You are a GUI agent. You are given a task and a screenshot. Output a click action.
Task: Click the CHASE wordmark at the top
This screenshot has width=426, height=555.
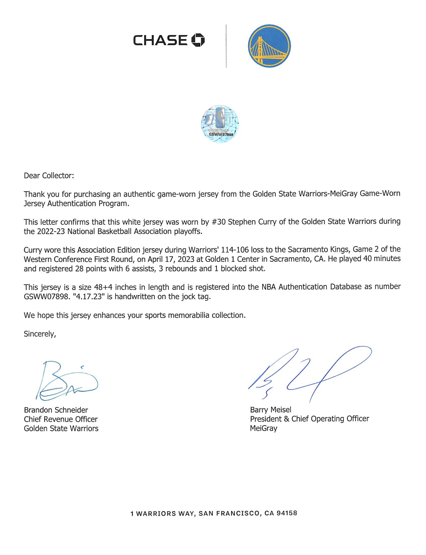point(160,40)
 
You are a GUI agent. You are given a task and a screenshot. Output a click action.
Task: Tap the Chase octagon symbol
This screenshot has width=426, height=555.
point(198,40)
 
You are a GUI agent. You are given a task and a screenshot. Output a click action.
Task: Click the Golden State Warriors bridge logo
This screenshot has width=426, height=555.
point(269,46)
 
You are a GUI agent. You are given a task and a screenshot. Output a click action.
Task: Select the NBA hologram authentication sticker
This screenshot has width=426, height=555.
point(220,124)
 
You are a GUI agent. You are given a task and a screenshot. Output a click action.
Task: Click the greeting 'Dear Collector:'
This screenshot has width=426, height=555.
point(49,176)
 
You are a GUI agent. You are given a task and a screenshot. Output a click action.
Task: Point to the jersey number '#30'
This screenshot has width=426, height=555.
point(219,222)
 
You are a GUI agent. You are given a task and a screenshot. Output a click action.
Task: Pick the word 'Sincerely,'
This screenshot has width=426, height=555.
point(40,334)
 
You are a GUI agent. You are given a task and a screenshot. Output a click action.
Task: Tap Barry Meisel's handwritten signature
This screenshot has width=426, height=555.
point(310,372)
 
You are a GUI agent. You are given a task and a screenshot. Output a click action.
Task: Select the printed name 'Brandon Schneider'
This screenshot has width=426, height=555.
point(56,410)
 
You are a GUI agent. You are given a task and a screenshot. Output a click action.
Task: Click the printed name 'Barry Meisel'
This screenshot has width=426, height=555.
point(271,410)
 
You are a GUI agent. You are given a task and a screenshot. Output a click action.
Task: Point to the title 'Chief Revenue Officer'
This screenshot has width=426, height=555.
point(61,419)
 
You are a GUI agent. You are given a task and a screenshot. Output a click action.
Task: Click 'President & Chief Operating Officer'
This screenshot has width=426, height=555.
point(309,419)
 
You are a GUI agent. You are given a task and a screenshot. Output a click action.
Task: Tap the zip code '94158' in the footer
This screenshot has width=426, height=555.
point(287,513)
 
